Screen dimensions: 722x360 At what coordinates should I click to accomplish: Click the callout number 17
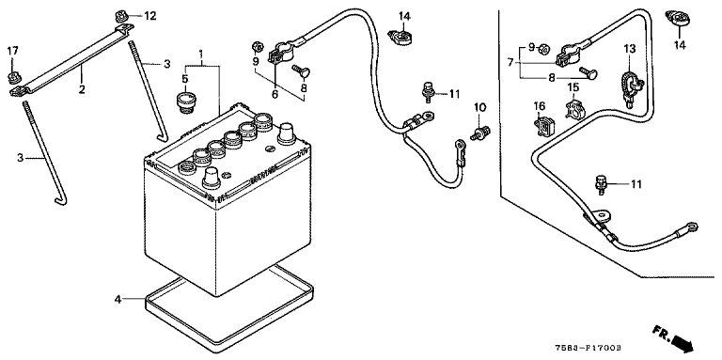pos(12,50)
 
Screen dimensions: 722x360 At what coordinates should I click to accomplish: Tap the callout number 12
pos(150,16)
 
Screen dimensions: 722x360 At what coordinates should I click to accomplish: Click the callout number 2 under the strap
pos(82,89)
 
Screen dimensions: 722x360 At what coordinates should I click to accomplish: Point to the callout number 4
pos(118,299)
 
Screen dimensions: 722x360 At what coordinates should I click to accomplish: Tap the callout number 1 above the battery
pos(201,55)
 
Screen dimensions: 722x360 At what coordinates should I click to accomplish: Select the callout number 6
pos(275,94)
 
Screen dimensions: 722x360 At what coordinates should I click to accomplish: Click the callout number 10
pos(479,107)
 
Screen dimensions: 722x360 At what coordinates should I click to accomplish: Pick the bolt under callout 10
pos(479,133)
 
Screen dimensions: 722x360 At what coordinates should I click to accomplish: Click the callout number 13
pos(630,48)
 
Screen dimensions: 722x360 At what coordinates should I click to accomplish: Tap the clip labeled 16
pos(544,126)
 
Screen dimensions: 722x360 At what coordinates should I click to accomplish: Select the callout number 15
pos(573,87)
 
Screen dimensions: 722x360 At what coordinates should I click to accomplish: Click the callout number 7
pos(510,62)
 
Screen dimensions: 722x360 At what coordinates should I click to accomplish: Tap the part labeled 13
pos(630,86)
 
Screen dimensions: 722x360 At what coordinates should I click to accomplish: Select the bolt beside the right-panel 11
pos(601,184)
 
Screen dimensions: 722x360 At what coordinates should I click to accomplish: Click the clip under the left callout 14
pos(400,37)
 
